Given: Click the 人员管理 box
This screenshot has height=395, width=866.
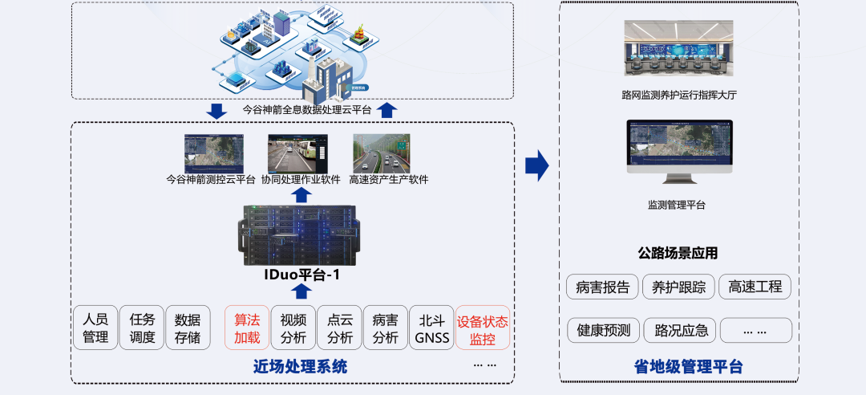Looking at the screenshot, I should (x=95, y=328).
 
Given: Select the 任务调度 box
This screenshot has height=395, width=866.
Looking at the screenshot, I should (x=142, y=328).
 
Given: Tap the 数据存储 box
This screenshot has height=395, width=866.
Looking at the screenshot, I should (x=188, y=328).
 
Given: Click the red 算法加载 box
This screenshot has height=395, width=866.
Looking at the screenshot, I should (x=246, y=328).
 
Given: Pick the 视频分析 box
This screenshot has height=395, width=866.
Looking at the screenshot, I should (x=293, y=328).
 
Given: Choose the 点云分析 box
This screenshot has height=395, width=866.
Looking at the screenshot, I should (x=339, y=328).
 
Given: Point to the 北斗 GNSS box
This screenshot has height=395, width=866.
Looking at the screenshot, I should (x=431, y=328).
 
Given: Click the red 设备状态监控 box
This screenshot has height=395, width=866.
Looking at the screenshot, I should (x=482, y=328).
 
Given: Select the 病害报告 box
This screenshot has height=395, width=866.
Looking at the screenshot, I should (x=602, y=287).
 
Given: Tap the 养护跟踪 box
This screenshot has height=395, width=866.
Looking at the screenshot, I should (x=678, y=287).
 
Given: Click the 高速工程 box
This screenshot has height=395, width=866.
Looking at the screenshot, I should (x=755, y=287).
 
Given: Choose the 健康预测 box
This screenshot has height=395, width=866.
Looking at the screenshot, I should (x=602, y=330).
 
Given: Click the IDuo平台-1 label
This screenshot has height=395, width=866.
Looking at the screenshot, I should (x=301, y=274).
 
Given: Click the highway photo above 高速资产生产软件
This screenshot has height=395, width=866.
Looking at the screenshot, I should (x=381, y=153).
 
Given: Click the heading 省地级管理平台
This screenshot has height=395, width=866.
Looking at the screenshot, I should (x=678, y=367).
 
